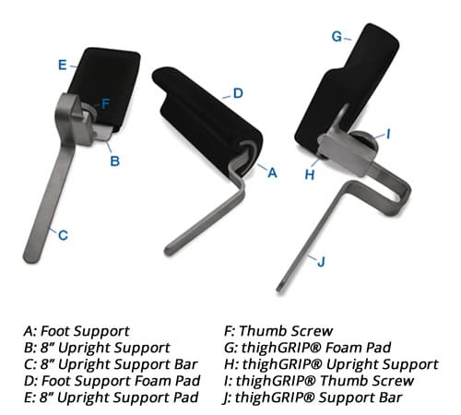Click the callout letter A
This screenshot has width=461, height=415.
[x=272, y=172]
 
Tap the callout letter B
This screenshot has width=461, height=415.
[x=114, y=160]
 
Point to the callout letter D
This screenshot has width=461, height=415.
[x=237, y=93]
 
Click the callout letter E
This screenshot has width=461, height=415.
[x=61, y=65]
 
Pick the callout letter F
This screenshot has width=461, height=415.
[x=106, y=103]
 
